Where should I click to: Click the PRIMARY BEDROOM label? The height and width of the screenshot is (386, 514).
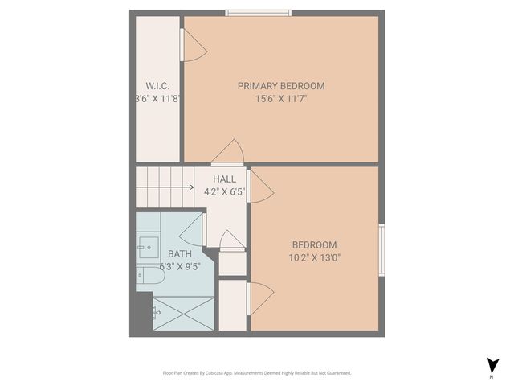coord(280,86)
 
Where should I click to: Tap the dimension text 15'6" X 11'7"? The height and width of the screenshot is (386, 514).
coord(280,99)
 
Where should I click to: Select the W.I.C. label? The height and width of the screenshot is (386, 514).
coord(157,86)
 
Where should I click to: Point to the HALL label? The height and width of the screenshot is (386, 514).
coord(224,179)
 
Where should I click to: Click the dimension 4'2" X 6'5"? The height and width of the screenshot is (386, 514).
coord(224,192)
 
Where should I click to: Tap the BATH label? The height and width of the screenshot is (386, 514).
coord(179,253)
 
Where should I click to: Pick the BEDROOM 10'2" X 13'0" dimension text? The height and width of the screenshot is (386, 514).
coord(314,258)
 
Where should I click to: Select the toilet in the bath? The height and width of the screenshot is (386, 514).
coord(151,277)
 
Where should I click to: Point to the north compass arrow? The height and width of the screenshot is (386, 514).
coord(492,365)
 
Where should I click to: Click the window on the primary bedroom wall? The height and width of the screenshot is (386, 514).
coord(258,12)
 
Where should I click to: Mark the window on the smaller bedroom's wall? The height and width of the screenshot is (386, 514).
coord(381,250)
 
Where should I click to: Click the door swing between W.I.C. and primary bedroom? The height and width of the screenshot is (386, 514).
coord(193,46)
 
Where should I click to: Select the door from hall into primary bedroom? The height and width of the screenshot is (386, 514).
coord(229,154)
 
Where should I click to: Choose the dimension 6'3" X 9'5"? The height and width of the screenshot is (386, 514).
coord(179,266)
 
